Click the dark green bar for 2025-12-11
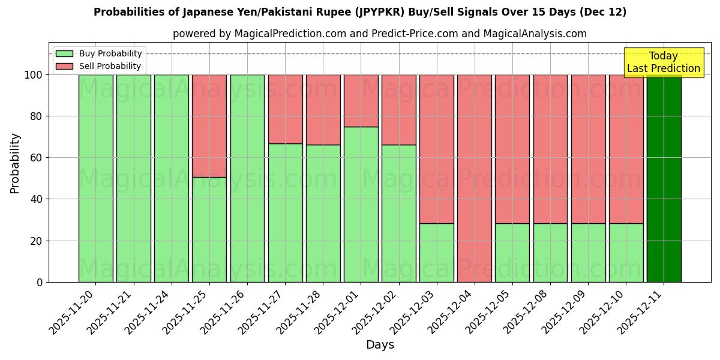[x=664, y=178]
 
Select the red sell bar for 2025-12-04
[x=475, y=178]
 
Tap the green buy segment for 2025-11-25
[x=209, y=229]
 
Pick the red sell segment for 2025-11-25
[x=209, y=126]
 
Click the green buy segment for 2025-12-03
[x=437, y=253]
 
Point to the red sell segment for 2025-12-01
[x=361, y=100]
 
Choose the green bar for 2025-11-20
[x=96, y=178]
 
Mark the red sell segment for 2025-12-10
[x=626, y=149]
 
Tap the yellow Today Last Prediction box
[x=664, y=62]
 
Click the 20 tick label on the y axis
[x=37, y=241]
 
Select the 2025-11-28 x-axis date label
[x=302, y=312]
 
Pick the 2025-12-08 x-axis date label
[x=530, y=312]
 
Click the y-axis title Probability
[x=15, y=163]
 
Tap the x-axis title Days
[x=380, y=345]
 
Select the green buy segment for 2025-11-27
[x=286, y=212]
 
